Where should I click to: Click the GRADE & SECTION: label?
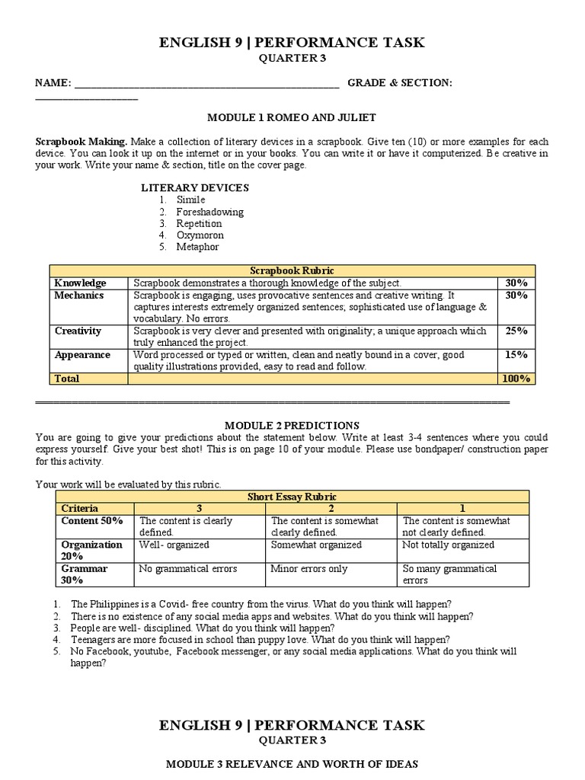400,82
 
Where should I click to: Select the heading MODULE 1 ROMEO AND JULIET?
292,118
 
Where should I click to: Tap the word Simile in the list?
190,200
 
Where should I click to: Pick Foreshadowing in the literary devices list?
209,212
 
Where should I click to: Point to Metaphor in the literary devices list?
198,247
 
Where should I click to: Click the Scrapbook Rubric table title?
292,270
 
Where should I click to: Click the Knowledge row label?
80,283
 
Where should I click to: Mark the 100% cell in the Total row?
516,379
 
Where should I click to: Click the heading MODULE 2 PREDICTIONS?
292,425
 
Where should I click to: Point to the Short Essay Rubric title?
292,497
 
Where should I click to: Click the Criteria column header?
79,508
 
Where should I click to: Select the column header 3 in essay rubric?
199,508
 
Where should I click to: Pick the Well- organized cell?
174,545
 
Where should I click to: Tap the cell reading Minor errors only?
308,568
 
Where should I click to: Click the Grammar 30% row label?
84,574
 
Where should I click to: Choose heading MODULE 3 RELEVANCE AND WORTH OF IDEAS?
292,763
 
